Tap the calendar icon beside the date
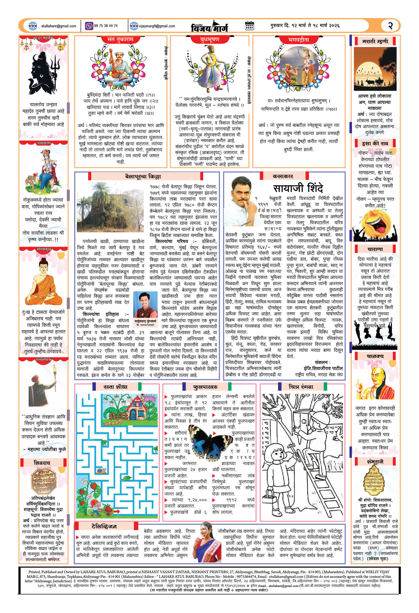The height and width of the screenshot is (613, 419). point(249,26)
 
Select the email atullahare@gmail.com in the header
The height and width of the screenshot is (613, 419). point(59,26)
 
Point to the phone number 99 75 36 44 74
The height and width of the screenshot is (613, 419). point(105,26)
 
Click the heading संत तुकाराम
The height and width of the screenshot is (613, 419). point(120,40)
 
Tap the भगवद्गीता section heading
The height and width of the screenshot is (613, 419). point(298,40)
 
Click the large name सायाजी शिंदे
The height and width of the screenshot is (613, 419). point(298,188)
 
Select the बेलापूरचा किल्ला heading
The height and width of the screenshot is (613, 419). point(143,177)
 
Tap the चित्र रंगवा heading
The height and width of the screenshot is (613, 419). point(301,387)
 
